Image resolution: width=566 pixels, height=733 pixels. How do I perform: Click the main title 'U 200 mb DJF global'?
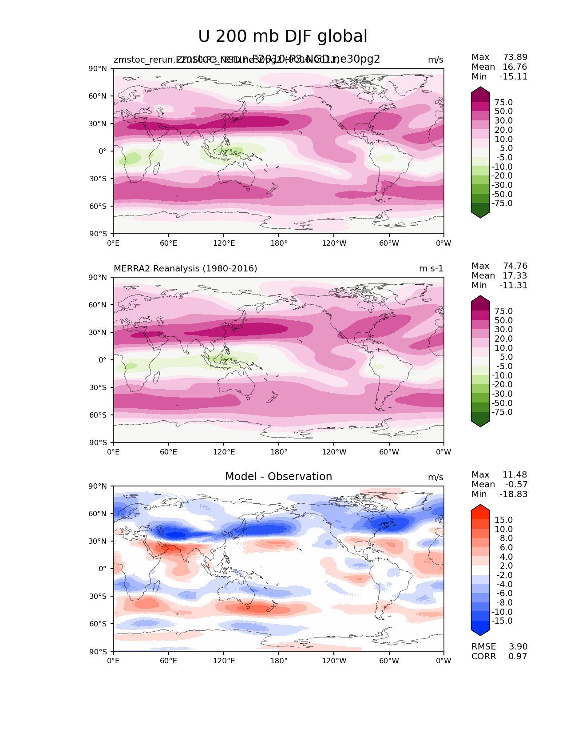click(282, 36)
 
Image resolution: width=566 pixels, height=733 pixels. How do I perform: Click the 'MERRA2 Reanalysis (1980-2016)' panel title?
click(185, 269)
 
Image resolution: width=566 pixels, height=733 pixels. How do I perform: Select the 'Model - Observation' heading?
click(278, 477)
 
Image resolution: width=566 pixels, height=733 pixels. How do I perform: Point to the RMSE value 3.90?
click(518, 647)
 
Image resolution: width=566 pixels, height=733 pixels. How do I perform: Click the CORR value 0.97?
click(518, 657)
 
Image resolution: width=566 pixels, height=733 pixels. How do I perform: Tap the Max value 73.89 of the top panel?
click(515, 57)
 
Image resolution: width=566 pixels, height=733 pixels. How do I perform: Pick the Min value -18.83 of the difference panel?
click(514, 494)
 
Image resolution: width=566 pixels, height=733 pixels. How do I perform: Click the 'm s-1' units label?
click(431, 269)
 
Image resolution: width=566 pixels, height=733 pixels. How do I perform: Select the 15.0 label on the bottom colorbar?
click(503, 520)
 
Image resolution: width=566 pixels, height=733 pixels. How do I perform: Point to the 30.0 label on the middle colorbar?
click(503, 330)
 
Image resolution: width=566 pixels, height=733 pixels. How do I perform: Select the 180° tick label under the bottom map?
click(279, 661)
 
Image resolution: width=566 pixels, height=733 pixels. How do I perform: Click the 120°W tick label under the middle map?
click(334, 452)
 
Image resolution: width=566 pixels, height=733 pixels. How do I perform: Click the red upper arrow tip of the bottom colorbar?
click(480, 508)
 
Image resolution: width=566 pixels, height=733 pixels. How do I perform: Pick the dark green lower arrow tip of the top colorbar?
click(480, 214)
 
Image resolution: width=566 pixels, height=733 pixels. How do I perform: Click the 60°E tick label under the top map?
click(168, 243)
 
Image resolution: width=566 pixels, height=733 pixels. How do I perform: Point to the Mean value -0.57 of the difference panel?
click(516, 485)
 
